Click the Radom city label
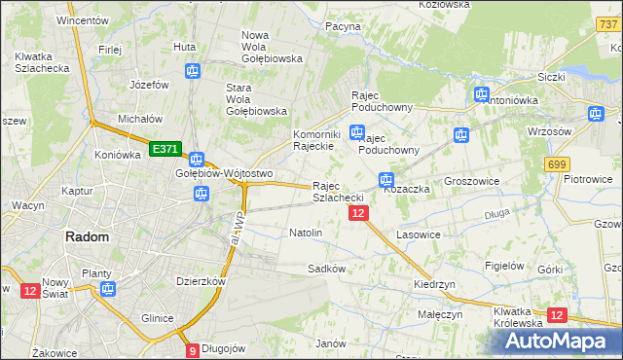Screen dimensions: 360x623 (x=87, y=236)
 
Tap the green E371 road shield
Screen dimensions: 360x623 (x=165, y=148)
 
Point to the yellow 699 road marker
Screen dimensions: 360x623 (x=557, y=164)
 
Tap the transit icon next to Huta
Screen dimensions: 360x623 (x=193, y=71)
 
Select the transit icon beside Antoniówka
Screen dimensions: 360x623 (x=481, y=94)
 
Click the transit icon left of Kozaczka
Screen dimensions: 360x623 (x=385, y=180)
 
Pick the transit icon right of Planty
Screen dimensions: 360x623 (x=107, y=289)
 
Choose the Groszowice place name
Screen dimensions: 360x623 (x=471, y=181)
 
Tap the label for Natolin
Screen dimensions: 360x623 (x=306, y=234)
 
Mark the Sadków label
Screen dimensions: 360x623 (x=327, y=268)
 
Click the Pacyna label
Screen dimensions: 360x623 (x=343, y=26)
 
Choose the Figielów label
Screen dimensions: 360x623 (x=505, y=266)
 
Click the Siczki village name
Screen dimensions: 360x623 (x=552, y=76)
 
